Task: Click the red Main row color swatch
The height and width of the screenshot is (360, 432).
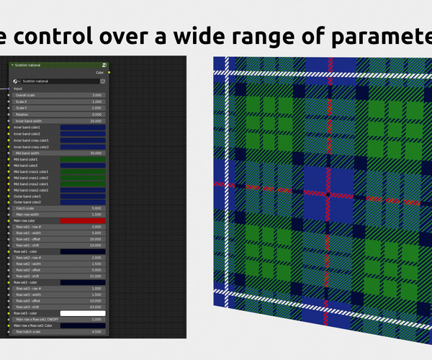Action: [83, 220]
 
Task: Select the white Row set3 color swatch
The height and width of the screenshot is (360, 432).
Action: [83, 314]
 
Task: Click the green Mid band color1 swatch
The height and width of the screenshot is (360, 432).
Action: [83, 159]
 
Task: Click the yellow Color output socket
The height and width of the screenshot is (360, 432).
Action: [109, 72]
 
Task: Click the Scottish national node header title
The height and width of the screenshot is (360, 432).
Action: [28, 65]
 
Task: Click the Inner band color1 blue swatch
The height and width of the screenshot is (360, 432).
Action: [83, 127]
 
